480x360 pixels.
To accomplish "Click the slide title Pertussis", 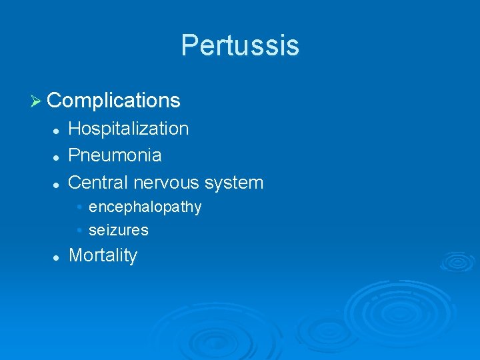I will [240, 45].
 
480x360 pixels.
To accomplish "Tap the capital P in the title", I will [189, 45].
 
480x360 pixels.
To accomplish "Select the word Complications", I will [114, 101].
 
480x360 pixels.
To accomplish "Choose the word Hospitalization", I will [129, 129].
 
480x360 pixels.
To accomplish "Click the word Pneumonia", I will [115, 155].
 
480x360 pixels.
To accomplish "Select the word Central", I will [98, 182].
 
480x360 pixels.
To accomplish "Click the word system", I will [234, 183].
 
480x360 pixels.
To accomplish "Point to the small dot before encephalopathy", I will [79, 207].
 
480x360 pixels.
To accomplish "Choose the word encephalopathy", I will [145, 207].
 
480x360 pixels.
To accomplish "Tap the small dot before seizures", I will [79, 231].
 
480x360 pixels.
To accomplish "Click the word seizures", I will [119, 231].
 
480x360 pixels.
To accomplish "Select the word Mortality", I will [103, 255].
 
